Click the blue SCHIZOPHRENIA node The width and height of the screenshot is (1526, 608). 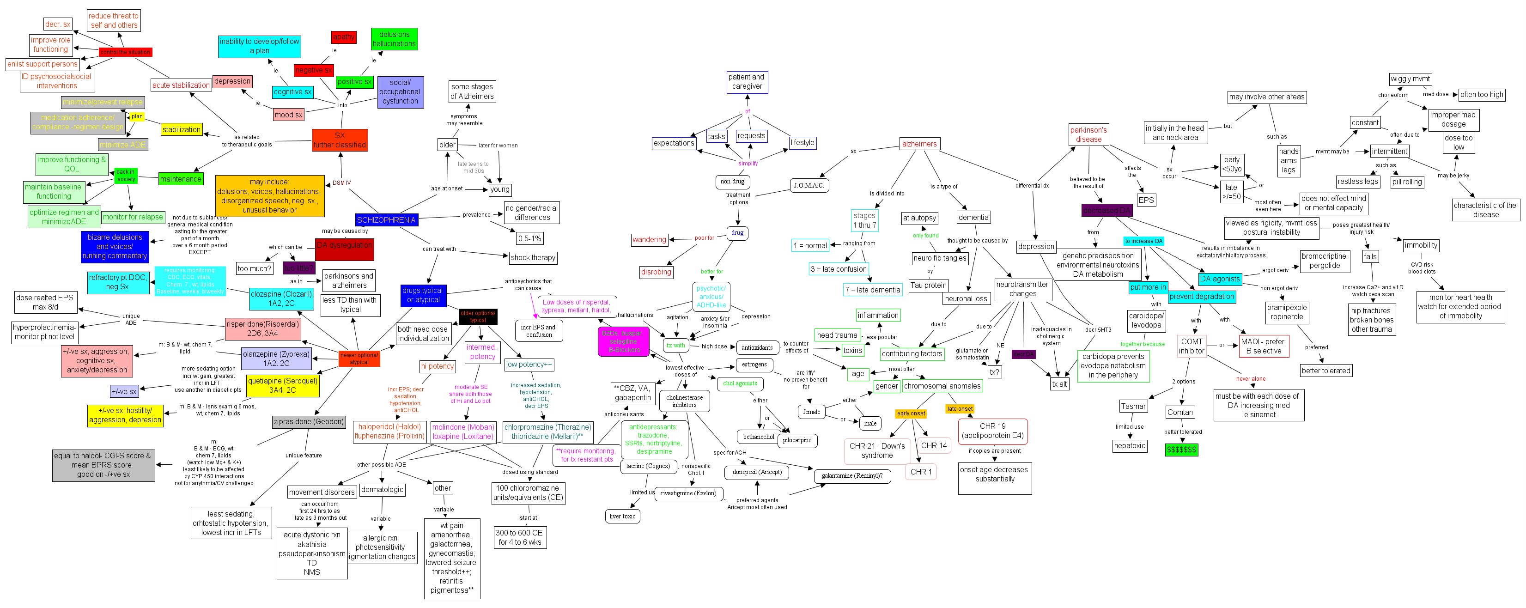[x=386, y=220]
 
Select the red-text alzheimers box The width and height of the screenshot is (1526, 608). [x=919, y=144]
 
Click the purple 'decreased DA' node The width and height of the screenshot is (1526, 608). [x=1107, y=210]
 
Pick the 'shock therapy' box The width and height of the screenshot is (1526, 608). [x=533, y=258]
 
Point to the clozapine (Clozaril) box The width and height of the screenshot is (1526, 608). [x=281, y=298]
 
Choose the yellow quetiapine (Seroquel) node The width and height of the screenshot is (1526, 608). [x=283, y=385]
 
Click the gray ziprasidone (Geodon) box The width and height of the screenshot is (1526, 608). [x=308, y=422]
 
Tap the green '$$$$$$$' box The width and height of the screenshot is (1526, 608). [x=1181, y=450]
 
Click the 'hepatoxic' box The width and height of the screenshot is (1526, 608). [x=1129, y=446]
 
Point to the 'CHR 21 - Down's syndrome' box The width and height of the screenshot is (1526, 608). [x=877, y=450]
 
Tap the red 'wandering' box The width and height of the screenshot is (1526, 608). [x=649, y=239]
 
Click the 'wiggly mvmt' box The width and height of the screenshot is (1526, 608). [x=1410, y=79]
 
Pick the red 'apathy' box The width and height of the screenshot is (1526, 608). [x=344, y=37]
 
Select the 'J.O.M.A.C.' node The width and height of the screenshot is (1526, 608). [x=809, y=185]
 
